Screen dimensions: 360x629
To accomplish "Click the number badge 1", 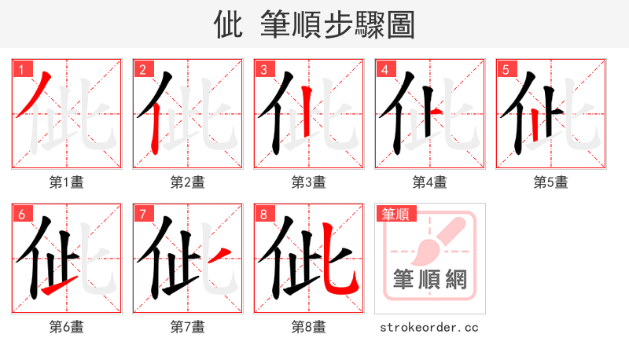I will click(21, 70).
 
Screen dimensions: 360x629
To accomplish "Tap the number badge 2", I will click(142, 70).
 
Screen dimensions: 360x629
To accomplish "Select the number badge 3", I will click(263, 70).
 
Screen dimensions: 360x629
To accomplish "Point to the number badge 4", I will click(384, 70).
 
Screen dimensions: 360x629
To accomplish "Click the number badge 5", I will click(506, 70).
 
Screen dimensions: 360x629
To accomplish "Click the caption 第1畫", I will click(66, 182).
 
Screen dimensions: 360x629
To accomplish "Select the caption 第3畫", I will click(308, 182).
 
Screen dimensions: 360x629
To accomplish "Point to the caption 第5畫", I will click(550, 182).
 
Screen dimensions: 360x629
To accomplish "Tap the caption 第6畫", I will click(66, 327).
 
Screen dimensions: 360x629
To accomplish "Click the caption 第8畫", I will click(308, 327).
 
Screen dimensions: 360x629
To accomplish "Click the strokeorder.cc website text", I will click(429, 327).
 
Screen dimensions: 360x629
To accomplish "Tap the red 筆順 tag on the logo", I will click(395, 214).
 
